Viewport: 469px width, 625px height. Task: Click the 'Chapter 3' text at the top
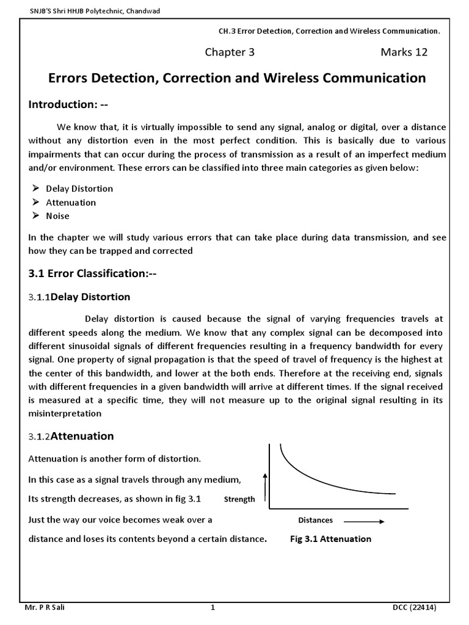click(x=229, y=52)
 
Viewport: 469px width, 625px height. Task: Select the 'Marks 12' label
click(x=404, y=52)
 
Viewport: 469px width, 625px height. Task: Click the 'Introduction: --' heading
click(x=68, y=104)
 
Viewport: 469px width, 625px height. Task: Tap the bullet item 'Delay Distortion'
click(x=79, y=189)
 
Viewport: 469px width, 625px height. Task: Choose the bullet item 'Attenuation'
click(x=71, y=202)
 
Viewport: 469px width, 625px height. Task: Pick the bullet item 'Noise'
click(x=57, y=215)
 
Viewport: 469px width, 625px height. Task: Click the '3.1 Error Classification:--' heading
click(x=93, y=273)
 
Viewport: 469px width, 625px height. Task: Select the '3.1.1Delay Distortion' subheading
click(x=79, y=297)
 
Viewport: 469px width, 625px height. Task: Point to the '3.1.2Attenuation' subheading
click(x=71, y=436)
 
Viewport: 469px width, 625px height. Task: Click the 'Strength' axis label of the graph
click(x=239, y=499)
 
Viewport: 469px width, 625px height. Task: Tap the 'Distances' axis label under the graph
click(x=315, y=521)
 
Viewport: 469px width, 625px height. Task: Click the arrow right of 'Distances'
click(x=364, y=521)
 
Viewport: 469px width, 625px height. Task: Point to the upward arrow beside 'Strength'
click(x=265, y=487)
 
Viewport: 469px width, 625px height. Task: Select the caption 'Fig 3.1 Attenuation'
click(x=330, y=539)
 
